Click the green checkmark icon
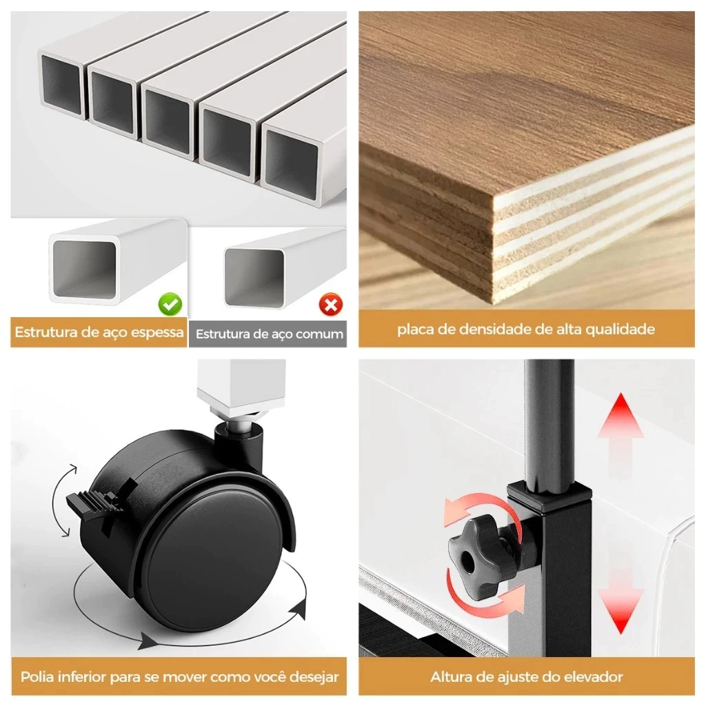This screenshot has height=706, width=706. (x=170, y=304)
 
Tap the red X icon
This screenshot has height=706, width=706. (x=331, y=305)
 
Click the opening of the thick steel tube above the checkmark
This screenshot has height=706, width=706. (x=84, y=270)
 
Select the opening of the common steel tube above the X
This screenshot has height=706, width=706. (x=254, y=277)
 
